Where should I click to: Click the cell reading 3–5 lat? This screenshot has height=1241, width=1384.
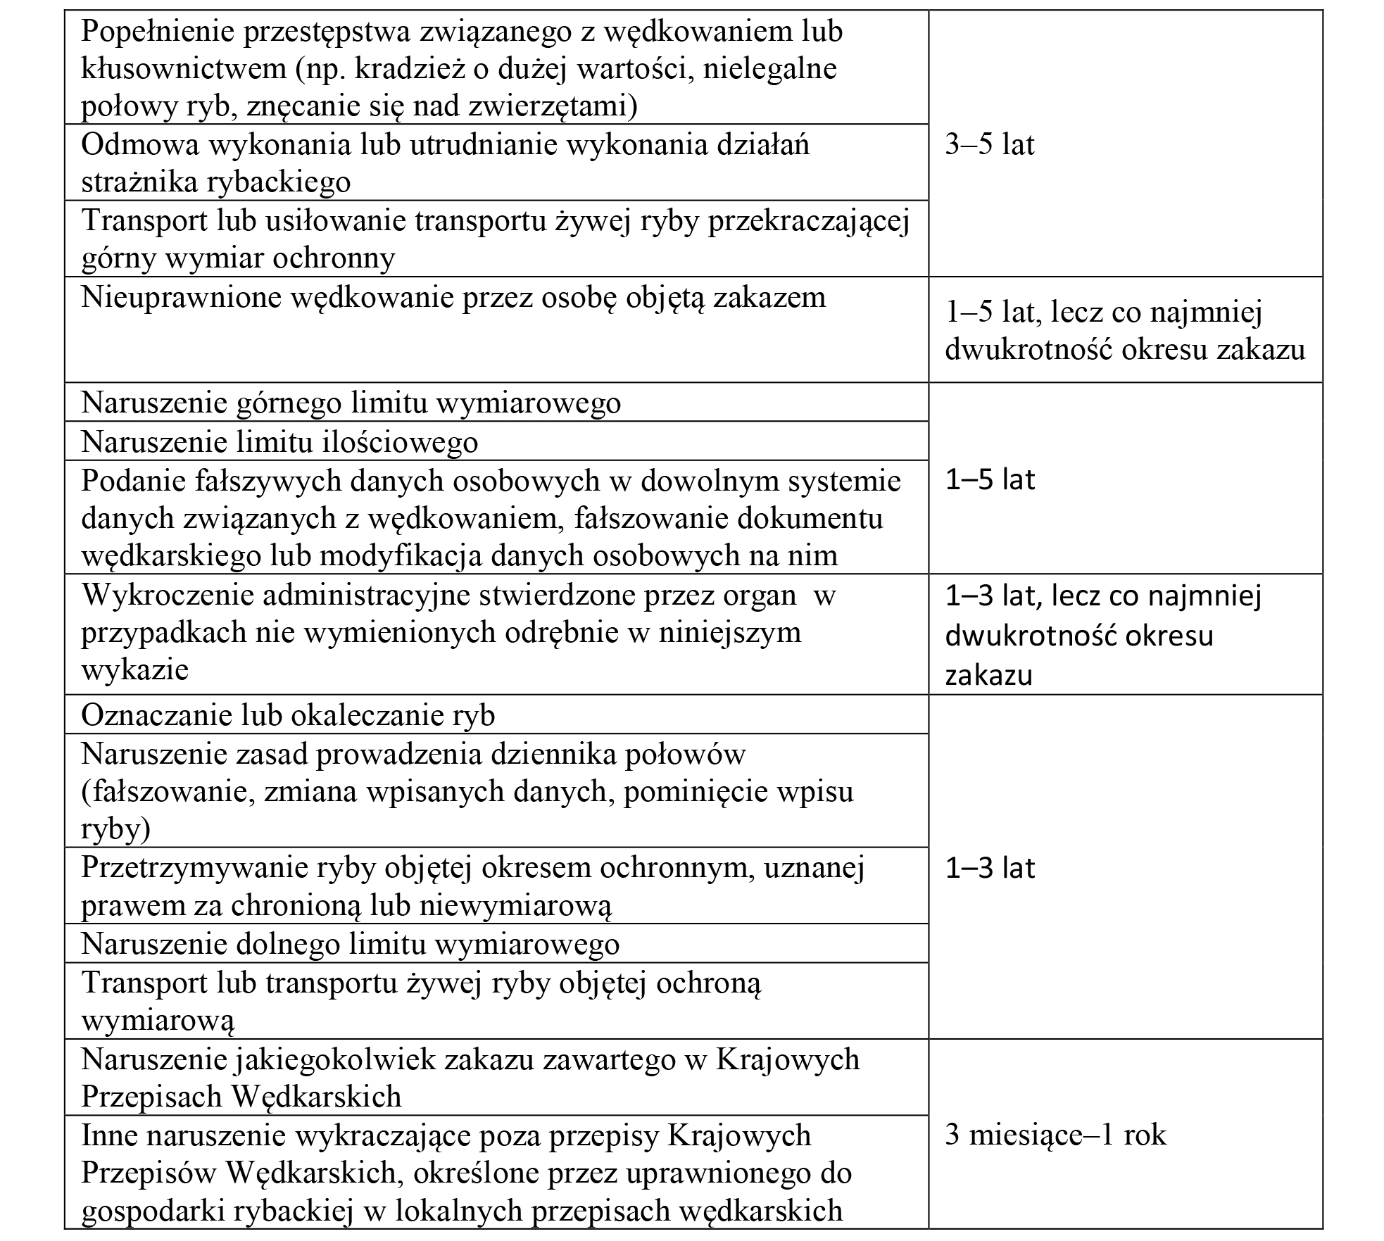click(989, 145)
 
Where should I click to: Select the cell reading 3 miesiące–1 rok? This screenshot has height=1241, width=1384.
click(1055, 1134)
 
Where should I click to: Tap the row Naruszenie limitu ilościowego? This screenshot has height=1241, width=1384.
click(279, 442)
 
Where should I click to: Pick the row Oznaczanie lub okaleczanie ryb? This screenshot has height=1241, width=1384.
click(288, 715)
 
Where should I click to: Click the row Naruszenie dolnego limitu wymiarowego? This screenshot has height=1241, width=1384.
click(350, 943)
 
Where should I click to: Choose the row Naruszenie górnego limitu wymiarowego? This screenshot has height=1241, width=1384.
click(351, 403)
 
